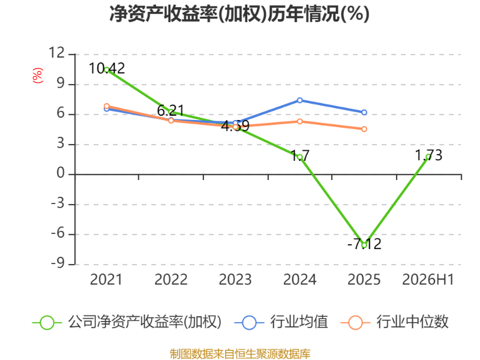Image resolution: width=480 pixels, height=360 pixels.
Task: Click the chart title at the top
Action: pos(239,14)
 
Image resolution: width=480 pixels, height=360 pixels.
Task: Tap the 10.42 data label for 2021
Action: pos(107,68)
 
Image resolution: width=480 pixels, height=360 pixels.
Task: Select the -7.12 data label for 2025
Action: pos(364,244)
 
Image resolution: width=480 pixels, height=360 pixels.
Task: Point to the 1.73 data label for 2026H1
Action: pos(428,155)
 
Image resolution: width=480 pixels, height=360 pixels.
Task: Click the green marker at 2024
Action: pos(299,157)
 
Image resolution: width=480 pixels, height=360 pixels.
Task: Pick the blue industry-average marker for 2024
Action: pos(299,100)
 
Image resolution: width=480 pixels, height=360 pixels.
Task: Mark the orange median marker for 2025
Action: pos(364,129)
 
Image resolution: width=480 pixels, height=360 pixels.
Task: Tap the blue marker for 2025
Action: pos(364,112)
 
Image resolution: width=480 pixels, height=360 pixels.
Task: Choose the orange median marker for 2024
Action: pos(299,122)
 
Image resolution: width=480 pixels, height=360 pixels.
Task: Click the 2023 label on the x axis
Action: pos(235,280)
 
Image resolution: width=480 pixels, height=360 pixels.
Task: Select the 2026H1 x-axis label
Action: pos(428,280)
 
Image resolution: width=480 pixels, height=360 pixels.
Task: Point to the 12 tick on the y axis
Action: pos(57,53)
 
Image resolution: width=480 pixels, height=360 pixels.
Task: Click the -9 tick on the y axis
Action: pos(58,263)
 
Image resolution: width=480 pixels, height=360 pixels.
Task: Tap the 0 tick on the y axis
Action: pos(61,173)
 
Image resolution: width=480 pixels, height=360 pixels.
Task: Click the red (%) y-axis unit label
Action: pos(38,76)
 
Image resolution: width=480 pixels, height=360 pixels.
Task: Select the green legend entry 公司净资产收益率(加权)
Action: pos(127,322)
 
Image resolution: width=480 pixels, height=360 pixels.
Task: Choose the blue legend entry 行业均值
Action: pos(281,322)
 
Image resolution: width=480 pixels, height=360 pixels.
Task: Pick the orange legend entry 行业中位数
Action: pos(394,322)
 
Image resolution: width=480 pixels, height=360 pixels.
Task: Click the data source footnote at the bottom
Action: pos(240,354)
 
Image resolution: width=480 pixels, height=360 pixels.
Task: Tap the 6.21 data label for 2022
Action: pos(171,110)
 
